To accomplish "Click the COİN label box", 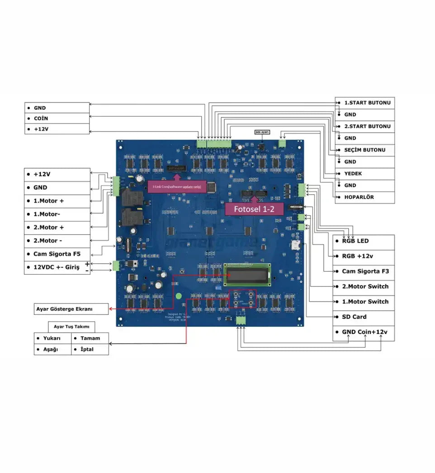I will pyautogui.click(x=57, y=118).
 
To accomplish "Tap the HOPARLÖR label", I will pyautogui.click(x=364, y=197).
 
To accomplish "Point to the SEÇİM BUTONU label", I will pyautogui.click(x=364, y=150).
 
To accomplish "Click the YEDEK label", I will pyautogui.click(x=364, y=173).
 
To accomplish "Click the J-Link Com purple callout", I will pyautogui.click(x=177, y=186).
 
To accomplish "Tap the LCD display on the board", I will pyautogui.click(x=248, y=273).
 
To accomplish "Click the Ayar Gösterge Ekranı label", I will pyautogui.click(x=71, y=309).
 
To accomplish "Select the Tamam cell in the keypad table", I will pyautogui.click(x=90, y=338).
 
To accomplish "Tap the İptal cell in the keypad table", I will pyautogui.click(x=90, y=349).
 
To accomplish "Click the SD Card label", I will pyautogui.click(x=364, y=317).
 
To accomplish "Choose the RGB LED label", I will pyautogui.click(x=364, y=241).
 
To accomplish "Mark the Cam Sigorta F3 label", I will pyautogui.click(x=364, y=271).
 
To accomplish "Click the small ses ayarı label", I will pyautogui.click(x=262, y=132).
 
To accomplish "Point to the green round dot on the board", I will pyautogui.click(x=179, y=297).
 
